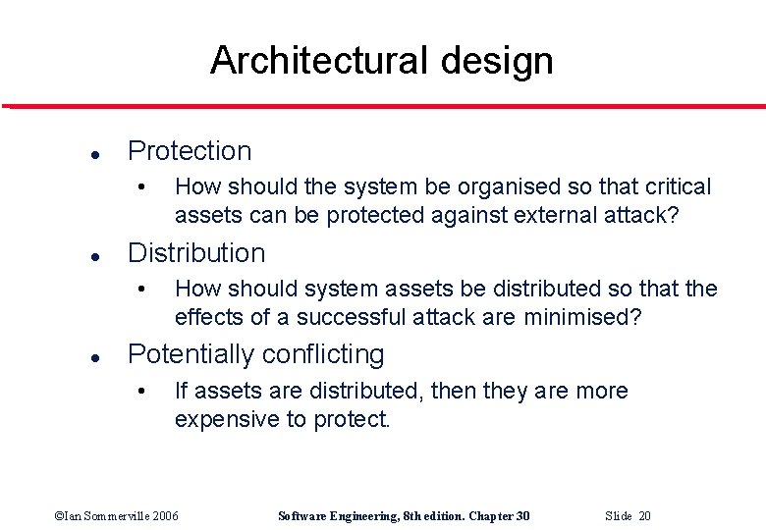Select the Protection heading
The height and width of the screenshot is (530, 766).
(190, 151)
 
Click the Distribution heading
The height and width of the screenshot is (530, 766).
(196, 253)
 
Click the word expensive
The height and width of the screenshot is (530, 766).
(228, 420)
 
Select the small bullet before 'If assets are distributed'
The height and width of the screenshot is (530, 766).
(143, 392)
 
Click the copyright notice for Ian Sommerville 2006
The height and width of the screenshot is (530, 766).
(116, 516)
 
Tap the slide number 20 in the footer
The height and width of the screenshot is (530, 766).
(643, 516)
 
